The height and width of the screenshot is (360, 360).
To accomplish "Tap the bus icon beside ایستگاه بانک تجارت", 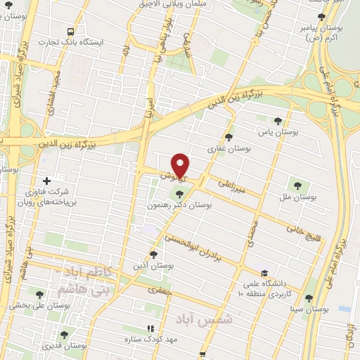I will [x=70, y=32].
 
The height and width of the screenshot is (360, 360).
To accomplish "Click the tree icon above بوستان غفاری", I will [x=229, y=137].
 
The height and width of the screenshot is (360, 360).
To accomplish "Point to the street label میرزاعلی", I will [x=232, y=185].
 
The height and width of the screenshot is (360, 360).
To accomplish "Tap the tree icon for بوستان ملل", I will [x=297, y=186].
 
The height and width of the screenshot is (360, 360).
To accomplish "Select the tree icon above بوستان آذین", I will [x=154, y=254].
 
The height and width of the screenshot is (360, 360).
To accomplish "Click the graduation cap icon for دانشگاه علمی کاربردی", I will [x=264, y=274].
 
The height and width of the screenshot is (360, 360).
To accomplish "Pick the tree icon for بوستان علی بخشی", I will [x=40, y=294].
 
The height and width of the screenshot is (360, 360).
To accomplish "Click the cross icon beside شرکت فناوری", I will [x=47, y=181].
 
